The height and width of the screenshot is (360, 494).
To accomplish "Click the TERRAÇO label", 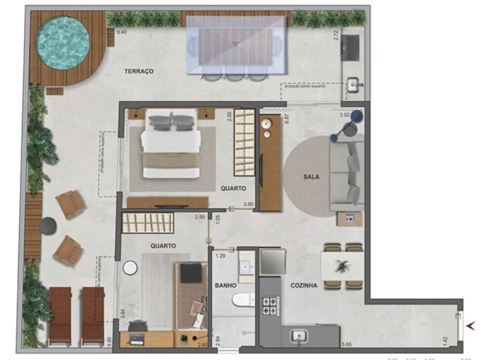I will [139, 72].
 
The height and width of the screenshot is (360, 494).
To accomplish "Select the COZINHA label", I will [303, 285].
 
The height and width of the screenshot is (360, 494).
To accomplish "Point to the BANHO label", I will [225, 285].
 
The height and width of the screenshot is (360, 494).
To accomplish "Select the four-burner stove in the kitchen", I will [270, 305].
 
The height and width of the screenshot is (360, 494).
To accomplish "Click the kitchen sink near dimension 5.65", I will [299, 336].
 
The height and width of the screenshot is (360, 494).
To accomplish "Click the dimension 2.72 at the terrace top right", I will [336, 35].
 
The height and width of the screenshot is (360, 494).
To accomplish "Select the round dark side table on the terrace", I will [48, 225].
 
